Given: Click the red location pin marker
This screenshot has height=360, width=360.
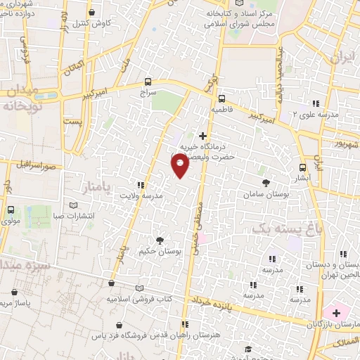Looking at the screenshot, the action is tap(180, 165).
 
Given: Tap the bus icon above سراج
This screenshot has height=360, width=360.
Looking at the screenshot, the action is tap(148, 81).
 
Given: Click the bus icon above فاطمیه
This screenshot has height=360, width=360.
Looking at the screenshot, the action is tap(221, 98).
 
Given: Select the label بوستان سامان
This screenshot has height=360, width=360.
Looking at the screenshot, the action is tap(264, 193).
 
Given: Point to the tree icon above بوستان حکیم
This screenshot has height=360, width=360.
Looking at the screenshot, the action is tap(161, 240).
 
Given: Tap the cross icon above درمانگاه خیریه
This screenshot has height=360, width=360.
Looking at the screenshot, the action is tap(203, 135).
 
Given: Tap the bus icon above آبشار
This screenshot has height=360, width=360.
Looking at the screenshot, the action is tap(303, 167).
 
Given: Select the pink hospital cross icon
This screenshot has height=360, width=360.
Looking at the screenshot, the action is tap(336, 311).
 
